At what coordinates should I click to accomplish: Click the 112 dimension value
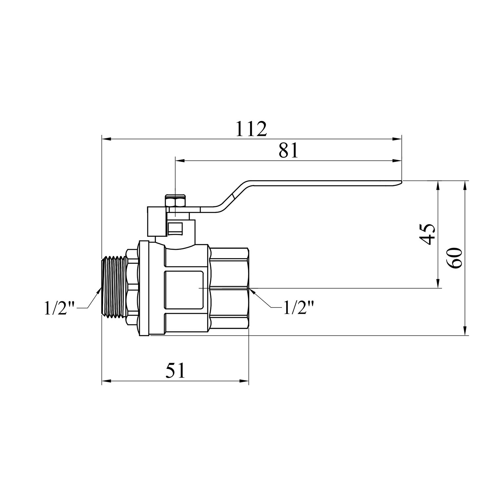point(251,129)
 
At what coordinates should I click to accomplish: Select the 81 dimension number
point(289,151)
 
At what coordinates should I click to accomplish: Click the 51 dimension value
point(175,371)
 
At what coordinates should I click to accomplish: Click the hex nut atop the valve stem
point(175,201)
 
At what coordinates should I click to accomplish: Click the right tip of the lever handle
point(401,181)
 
